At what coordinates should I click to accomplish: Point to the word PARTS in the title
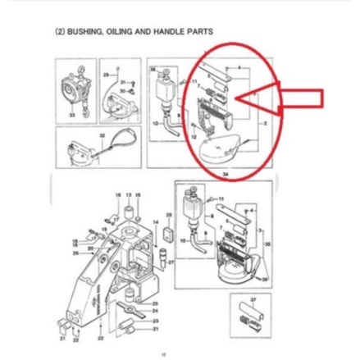coord(200,31)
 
